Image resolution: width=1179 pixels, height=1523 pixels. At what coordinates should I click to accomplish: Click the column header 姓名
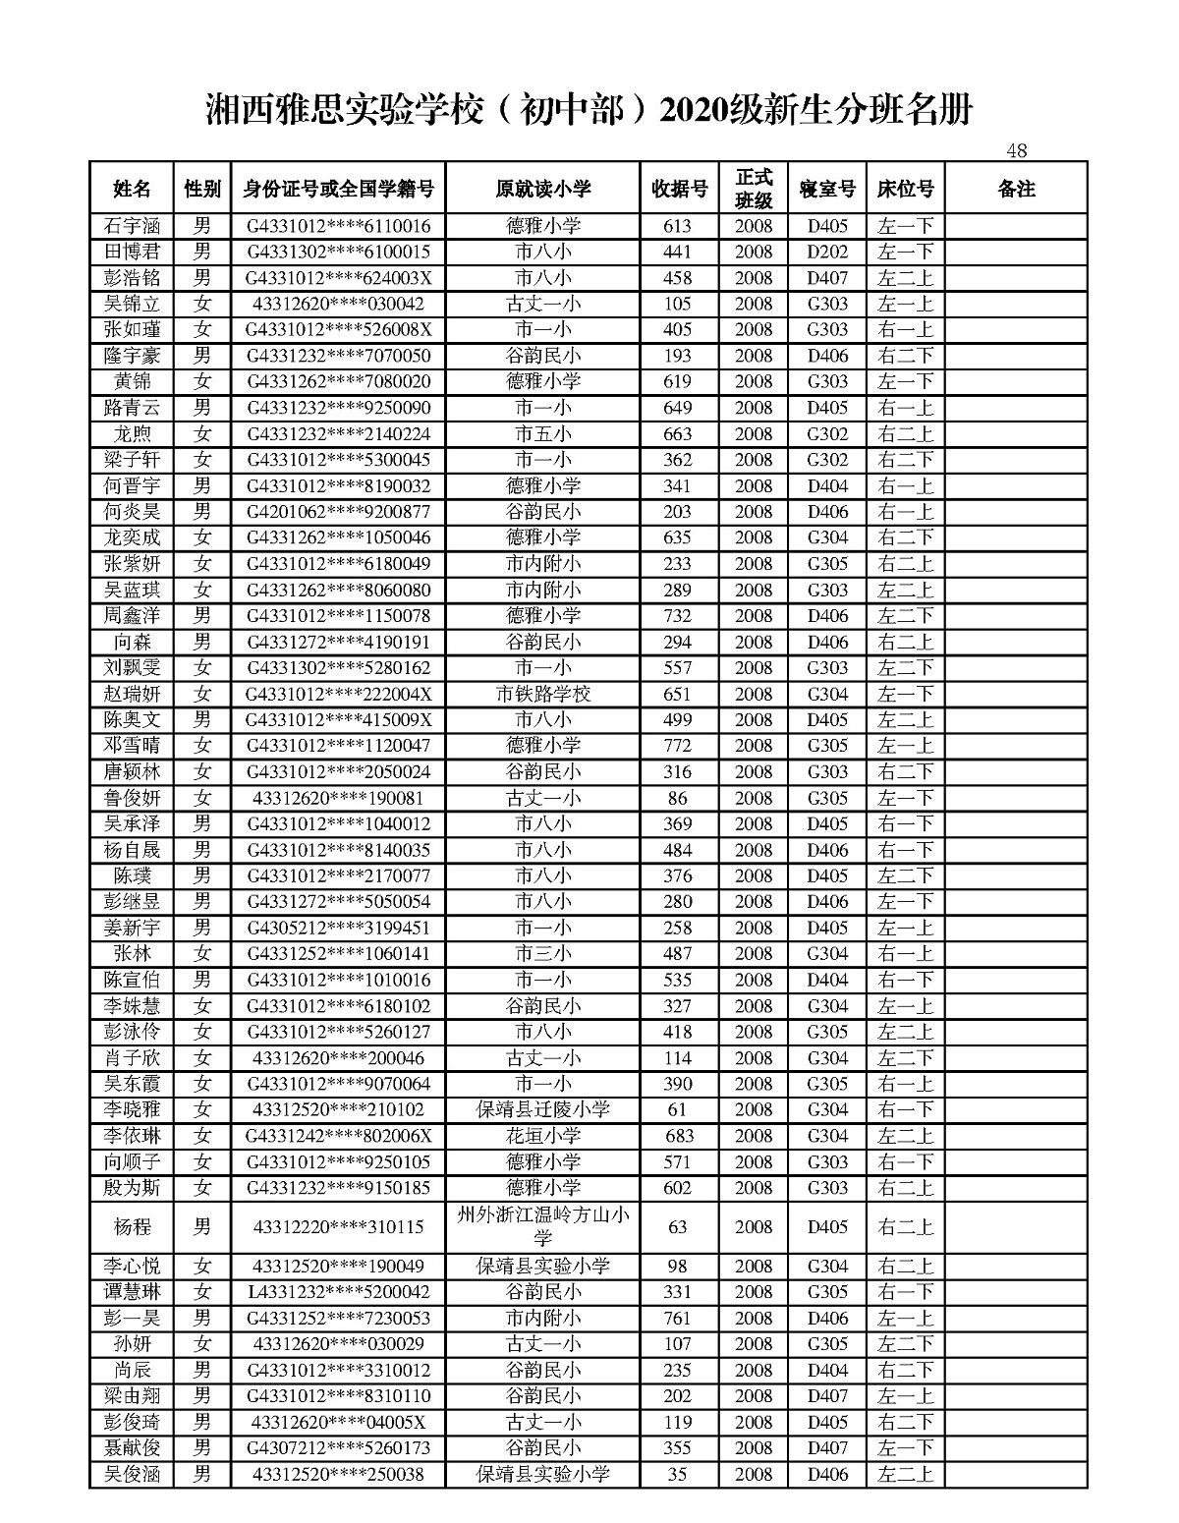[x=132, y=189]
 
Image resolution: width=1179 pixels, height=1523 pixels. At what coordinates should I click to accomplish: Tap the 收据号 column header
[x=679, y=189]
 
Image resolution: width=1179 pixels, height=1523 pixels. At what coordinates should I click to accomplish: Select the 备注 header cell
[x=1016, y=189]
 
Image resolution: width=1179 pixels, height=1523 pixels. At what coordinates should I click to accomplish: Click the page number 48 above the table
[x=1016, y=150]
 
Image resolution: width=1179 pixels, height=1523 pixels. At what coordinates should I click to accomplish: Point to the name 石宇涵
[x=132, y=226]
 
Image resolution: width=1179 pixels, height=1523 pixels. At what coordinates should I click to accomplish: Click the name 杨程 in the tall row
[x=132, y=1227]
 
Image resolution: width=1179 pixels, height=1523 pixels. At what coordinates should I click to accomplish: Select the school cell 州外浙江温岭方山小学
[x=543, y=1226]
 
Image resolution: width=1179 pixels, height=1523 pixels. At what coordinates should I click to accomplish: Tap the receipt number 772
[x=678, y=746]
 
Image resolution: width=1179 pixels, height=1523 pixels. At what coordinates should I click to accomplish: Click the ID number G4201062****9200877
[x=338, y=512]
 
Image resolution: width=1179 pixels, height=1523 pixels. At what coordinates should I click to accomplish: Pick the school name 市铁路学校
[x=543, y=694]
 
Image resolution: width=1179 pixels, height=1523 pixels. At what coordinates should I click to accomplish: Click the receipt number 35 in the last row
[x=678, y=1474]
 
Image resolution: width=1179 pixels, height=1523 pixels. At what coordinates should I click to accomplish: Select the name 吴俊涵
[x=132, y=1474]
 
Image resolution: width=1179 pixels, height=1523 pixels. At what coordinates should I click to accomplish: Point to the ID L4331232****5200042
[x=338, y=1292]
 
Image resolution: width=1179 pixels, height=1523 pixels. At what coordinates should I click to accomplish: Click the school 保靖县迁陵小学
[x=543, y=1109]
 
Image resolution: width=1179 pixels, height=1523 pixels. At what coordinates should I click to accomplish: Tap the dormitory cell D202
[x=827, y=252]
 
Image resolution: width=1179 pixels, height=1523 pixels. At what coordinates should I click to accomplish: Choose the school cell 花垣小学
[x=543, y=1136]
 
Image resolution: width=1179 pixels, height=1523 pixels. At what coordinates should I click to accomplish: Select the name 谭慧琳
[x=132, y=1292]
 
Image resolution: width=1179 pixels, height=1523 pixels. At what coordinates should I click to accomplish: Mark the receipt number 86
[x=678, y=798]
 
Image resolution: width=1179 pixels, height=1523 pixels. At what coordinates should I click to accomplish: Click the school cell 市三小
[x=543, y=953]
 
